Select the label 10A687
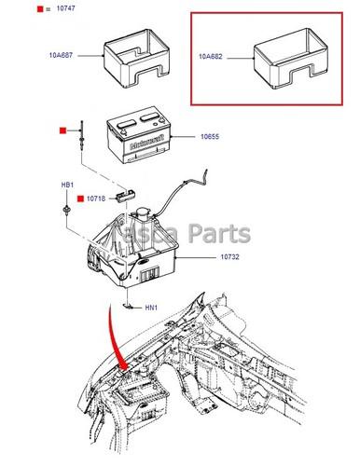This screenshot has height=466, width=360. coord(62,56)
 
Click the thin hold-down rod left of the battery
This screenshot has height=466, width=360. coord(83,149)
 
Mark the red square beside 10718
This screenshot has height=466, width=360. coord(82,199)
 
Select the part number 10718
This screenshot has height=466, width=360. coord(99,199)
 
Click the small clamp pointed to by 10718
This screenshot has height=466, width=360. coord(127,196)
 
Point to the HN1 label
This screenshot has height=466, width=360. coord(151,308)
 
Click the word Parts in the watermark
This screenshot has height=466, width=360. coord(218,233)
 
